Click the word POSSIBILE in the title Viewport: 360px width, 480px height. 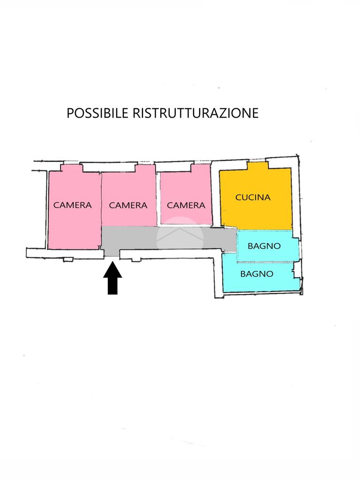97,113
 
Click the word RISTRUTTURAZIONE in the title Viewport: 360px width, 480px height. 195,113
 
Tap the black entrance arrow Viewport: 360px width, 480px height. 112,278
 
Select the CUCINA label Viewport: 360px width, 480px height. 253,197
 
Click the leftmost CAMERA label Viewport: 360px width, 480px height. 73,205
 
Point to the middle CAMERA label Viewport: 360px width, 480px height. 128,205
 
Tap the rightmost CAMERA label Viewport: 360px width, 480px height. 186,205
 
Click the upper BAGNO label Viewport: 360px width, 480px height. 264,246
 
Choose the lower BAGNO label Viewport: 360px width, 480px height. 256,274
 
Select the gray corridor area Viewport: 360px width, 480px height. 168,238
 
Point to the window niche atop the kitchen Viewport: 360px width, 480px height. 258,165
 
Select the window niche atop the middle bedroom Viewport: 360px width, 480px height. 146,168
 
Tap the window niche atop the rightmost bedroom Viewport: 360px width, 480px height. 201,168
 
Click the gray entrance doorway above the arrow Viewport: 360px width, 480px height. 112,253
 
